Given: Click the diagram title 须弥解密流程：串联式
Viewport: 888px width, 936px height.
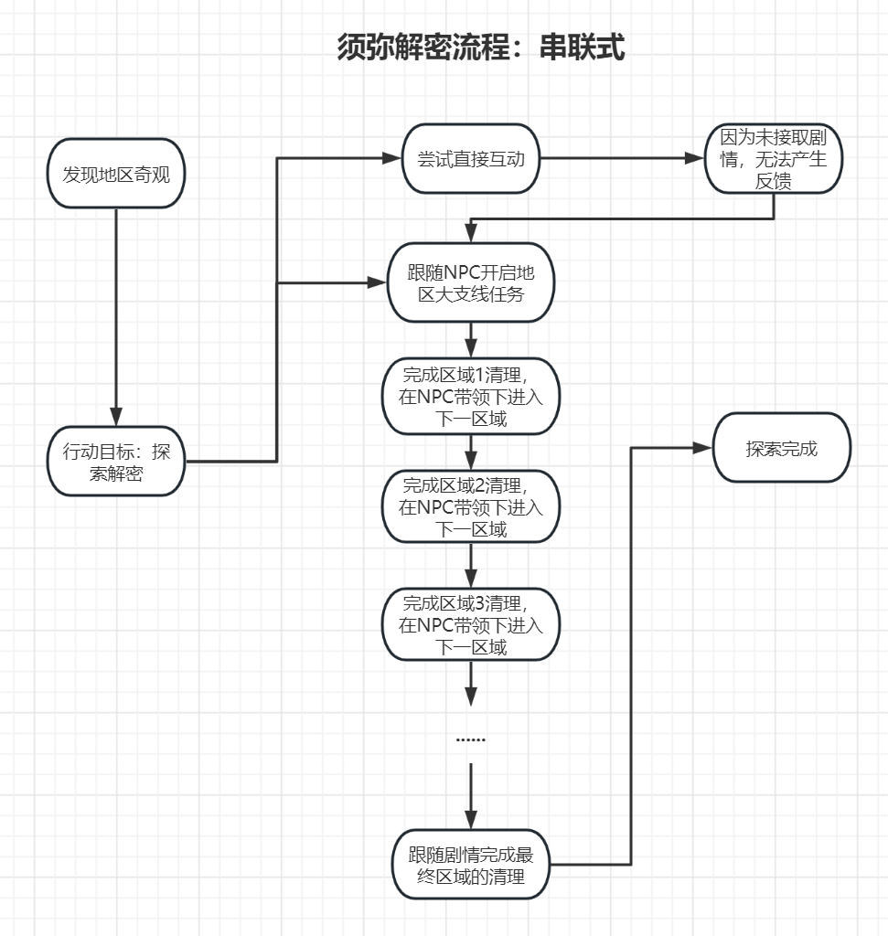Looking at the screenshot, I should point(481,47).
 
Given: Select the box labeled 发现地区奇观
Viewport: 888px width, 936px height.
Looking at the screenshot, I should point(116,174).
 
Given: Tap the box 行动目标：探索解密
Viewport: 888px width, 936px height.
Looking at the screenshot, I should point(116,462).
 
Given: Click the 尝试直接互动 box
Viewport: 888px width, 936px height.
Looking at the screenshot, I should point(470,159).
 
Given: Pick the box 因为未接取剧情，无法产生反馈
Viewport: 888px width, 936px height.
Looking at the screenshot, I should point(774,159).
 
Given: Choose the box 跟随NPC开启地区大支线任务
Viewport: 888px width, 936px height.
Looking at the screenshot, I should point(470,282).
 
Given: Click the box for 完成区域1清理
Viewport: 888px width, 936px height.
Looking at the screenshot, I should point(470,397).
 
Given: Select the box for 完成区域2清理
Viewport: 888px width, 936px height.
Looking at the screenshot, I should point(470,506).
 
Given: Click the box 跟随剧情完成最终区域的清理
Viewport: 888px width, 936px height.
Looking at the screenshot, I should point(470,864).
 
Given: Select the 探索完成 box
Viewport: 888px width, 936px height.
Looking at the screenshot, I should point(782,449).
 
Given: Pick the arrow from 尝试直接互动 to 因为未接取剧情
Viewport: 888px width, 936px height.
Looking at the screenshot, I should point(622,159).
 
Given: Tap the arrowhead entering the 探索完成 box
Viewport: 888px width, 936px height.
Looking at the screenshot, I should point(703,448).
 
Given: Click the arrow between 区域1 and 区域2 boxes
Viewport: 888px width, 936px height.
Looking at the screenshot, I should point(470,452).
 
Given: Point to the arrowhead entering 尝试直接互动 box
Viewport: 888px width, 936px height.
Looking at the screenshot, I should point(394,159).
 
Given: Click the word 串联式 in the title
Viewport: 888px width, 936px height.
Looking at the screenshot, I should point(583,47).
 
